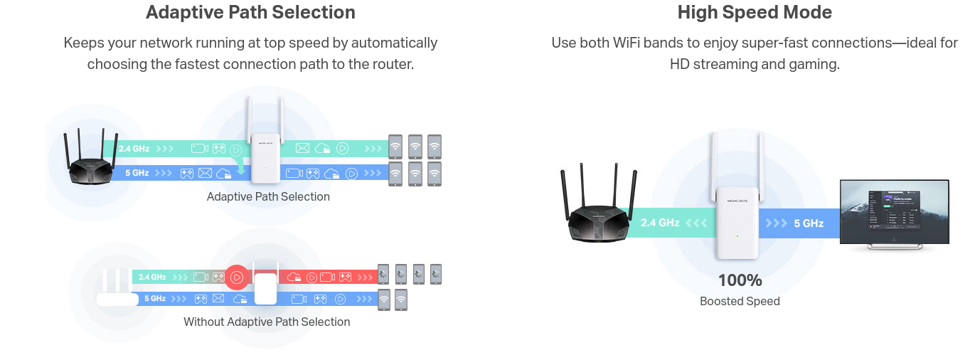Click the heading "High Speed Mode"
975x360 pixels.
(754, 13)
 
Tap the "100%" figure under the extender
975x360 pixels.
(740, 280)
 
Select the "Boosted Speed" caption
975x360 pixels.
(740, 302)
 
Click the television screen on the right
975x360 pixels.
(894, 211)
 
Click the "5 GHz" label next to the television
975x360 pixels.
(809, 223)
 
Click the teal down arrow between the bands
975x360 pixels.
(241, 167)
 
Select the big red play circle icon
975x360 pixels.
(237, 277)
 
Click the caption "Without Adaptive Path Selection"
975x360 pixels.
(267, 322)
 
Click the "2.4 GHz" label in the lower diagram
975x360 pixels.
(152, 277)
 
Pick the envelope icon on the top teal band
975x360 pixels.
(302, 148)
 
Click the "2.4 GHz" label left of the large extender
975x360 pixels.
(660, 223)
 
